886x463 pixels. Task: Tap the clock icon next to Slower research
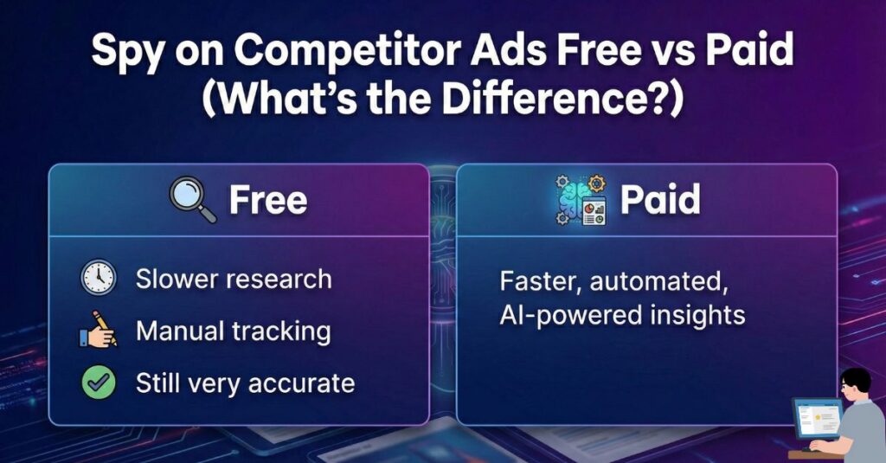click(x=99, y=279)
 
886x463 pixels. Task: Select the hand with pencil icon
click(x=99, y=331)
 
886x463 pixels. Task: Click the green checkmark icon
click(x=99, y=383)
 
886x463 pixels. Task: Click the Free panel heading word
click(x=267, y=201)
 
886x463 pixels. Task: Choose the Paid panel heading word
click(x=660, y=201)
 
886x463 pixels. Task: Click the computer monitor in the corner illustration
click(x=817, y=421)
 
